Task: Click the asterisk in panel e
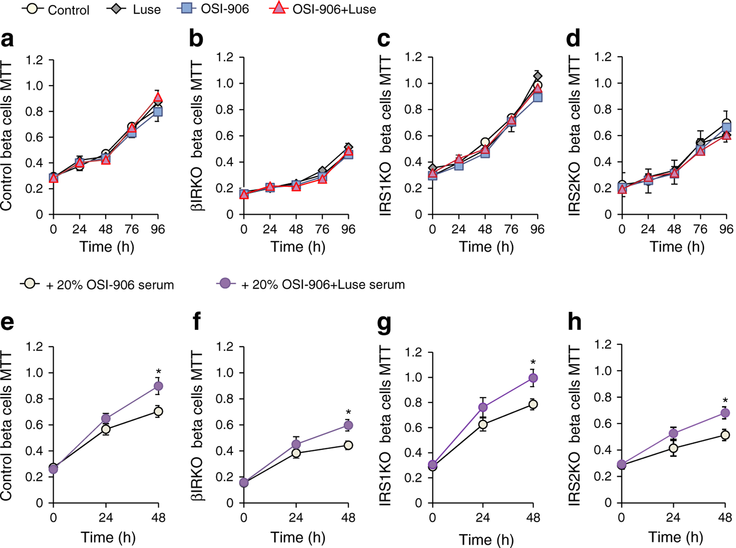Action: tap(158, 372)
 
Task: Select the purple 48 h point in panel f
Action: tap(348, 425)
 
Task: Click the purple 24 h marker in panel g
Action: tap(483, 407)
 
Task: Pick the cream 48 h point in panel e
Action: tap(158, 411)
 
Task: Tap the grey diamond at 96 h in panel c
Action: tap(537, 76)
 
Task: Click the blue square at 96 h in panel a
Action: tap(157, 112)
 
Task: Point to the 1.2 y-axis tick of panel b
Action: tap(225, 57)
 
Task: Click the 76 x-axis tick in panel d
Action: tap(700, 229)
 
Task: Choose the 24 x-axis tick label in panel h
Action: tap(673, 517)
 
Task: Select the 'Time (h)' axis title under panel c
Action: tap(486, 247)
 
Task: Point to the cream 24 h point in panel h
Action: tap(673, 448)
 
